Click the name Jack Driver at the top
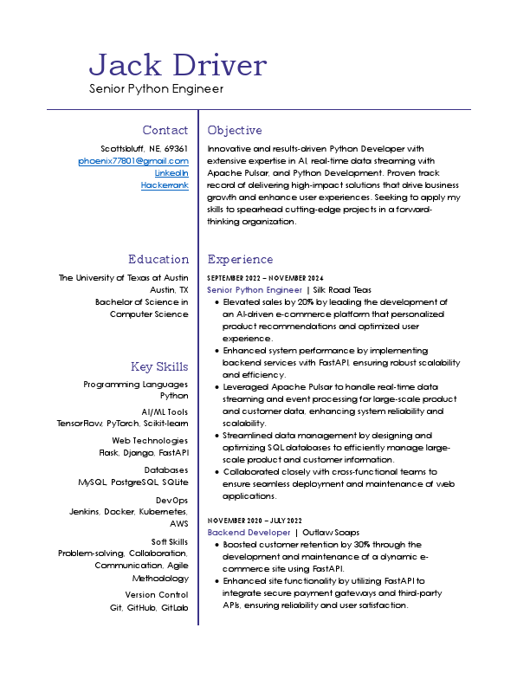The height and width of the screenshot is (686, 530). point(178,65)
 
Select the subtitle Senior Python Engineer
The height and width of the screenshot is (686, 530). point(156,88)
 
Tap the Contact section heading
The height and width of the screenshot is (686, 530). point(165,130)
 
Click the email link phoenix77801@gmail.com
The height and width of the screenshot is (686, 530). point(133,160)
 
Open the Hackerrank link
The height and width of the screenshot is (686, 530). point(165,184)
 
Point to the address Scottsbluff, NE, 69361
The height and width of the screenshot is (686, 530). point(145,148)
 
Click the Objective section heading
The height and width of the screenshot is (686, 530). point(235,130)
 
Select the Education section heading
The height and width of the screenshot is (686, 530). point(158,259)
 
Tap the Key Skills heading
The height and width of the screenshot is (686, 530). point(159,366)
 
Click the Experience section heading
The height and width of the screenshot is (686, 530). point(240,259)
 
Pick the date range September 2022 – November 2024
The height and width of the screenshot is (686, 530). point(265,277)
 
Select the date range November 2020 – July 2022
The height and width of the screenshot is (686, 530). point(254,520)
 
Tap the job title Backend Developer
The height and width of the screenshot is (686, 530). point(249,532)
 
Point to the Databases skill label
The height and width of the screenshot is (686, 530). point(166,469)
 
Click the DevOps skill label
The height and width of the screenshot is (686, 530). point(171,500)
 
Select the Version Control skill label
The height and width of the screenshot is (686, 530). point(156,595)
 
